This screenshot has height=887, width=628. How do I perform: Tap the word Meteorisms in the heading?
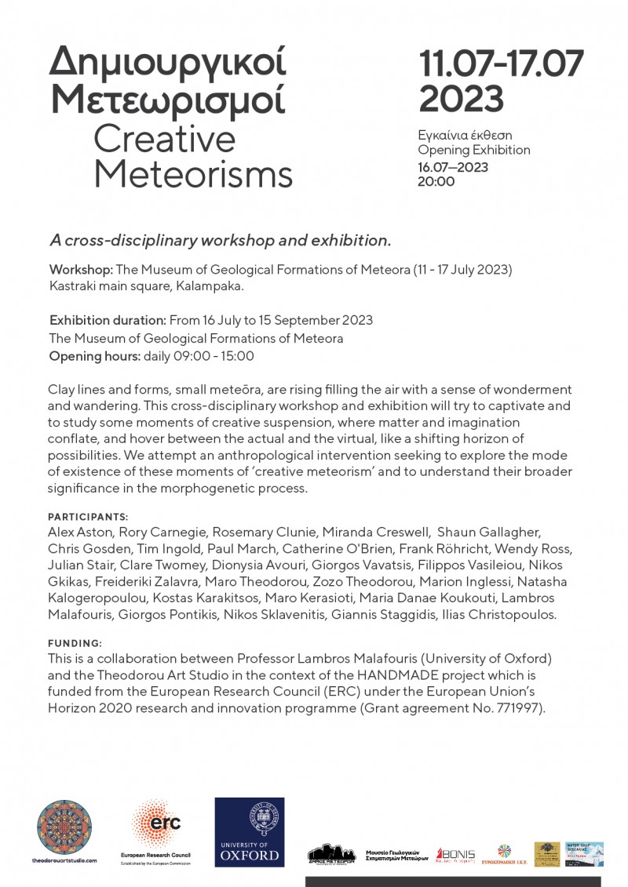pyautogui.click(x=193, y=174)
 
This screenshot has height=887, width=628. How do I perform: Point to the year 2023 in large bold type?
pyautogui.click(x=462, y=98)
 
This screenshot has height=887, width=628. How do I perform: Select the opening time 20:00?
pyautogui.click(x=436, y=181)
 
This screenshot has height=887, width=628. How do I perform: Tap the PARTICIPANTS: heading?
pyautogui.click(x=88, y=518)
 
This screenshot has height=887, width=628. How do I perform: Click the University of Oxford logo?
pyautogui.click(x=250, y=831)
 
